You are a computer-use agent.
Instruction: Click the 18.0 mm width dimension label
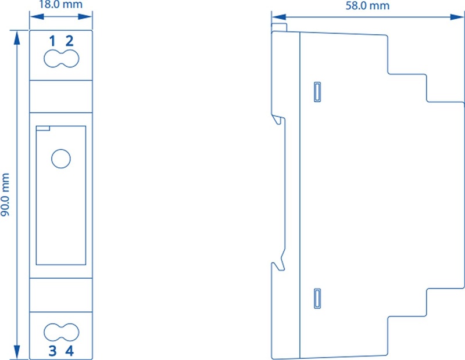click(x=61, y=4)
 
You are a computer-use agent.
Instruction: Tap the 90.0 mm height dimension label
click(x=5, y=195)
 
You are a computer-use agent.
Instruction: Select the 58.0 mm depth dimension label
click(x=367, y=5)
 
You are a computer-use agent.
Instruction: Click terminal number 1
click(x=52, y=41)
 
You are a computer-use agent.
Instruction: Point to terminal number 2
click(x=69, y=41)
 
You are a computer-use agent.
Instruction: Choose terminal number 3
click(x=52, y=351)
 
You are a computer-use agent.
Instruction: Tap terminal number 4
click(x=69, y=351)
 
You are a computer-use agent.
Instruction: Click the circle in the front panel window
click(x=61, y=159)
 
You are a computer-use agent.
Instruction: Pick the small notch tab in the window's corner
click(x=42, y=128)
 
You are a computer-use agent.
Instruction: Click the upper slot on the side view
click(x=317, y=92)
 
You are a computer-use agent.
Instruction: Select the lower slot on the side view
click(x=317, y=298)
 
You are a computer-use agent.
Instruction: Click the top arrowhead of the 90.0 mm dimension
click(x=17, y=38)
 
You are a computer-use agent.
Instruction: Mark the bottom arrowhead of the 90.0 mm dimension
click(x=17, y=352)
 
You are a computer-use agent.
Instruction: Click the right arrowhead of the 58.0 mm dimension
click(x=457, y=17)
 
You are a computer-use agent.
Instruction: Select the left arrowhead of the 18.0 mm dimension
click(x=37, y=16)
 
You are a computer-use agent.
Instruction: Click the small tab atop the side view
click(x=279, y=27)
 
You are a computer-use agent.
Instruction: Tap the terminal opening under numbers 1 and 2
click(x=62, y=59)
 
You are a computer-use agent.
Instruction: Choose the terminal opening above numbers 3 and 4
click(x=62, y=332)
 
